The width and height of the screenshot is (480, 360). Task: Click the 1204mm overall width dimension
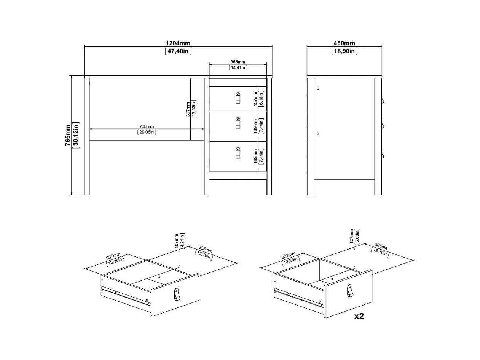coord(178,43)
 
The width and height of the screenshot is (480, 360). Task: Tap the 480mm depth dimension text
coord(344,43)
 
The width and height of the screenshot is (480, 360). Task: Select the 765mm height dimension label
coord(68,135)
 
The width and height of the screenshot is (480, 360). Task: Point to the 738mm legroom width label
coord(147,126)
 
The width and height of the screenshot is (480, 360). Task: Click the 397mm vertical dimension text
coord(188,109)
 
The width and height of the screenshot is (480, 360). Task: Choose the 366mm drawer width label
coord(238,62)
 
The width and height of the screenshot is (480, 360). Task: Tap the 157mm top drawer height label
coord(255,99)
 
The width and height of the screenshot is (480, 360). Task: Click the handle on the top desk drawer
coord(238,98)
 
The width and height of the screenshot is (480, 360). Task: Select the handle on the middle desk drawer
coord(238,123)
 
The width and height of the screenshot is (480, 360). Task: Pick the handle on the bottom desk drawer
coord(238,153)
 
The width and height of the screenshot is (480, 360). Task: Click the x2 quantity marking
coord(359,316)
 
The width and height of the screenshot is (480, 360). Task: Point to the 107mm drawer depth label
coord(177,241)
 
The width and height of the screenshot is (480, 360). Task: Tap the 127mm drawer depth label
coord(352,236)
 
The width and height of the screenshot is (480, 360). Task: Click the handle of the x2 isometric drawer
coord(350,291)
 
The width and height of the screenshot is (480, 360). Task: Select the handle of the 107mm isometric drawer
coord(177,294)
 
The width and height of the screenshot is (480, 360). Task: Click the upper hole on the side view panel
coord(318,89)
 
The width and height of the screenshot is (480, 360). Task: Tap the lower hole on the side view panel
coord(318,133)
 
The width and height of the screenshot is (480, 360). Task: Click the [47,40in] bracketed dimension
coord(178,51)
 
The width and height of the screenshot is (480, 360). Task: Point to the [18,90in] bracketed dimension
coord(344,51)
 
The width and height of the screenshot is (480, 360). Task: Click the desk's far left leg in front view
coord(87,137)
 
